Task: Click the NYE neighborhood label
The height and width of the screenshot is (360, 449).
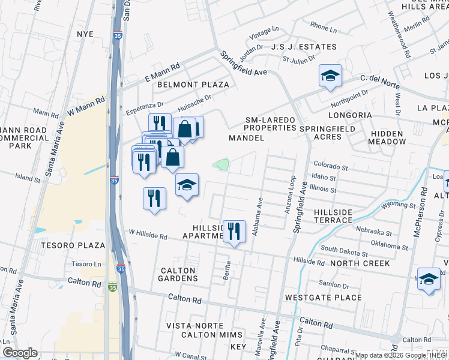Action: [85, 34]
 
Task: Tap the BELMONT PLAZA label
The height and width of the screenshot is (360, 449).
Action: [193, 85]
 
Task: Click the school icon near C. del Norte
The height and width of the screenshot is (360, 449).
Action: [330, 76]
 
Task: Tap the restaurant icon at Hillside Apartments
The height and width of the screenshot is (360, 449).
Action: [234, 231]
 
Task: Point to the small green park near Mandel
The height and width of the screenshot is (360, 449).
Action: [223, 164]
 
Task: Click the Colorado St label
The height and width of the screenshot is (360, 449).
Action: [330, 167]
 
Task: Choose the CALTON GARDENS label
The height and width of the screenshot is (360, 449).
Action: [178, 275]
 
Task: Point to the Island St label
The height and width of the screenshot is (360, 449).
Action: [28, 178]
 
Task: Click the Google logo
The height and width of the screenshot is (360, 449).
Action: [20, 353]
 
